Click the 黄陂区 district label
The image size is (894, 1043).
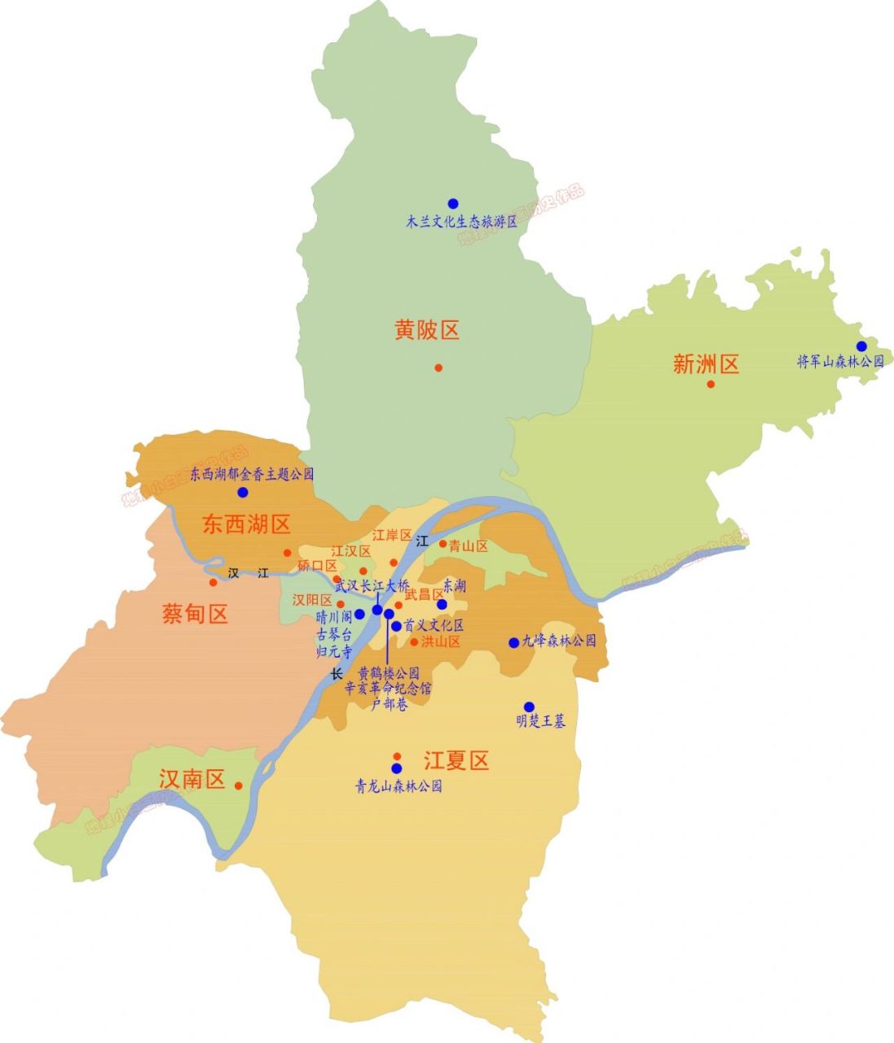pyautogui.click(x=427, y=330)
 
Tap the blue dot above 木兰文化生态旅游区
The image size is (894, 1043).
pyautogui.click(x=453, y=204)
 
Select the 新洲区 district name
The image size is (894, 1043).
pyautogui.click(x=706, y=363)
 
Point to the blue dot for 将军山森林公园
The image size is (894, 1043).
pyautogui.click(x=861, y=346)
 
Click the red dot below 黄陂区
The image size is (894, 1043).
pyautogui.click(x=438, y=367)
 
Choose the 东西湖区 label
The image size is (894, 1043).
pyautogui.click(x=247, y=524)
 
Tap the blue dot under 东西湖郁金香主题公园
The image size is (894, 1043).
pyautogui.click(x=243, y=493)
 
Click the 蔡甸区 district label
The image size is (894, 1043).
pyautogui.click(x=196, y=614)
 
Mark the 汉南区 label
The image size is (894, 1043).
pyautogui.click(x=192, y=780)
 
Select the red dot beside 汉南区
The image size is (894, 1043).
pyautogui.click(x=238, y=786)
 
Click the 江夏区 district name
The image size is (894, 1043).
pyautogui.click(x=456, y=761)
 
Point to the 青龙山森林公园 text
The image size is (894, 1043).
pyautogui.click(x=399, y=787)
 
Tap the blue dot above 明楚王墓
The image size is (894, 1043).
pyautogui.click(x=529, y=706)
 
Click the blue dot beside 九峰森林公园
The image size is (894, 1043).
pyautogui.click(x=513, y=643)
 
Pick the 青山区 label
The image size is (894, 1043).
pyautogui.click(x=469, y=547)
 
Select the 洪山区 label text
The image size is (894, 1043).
pyautogui.click(x=441, y=642)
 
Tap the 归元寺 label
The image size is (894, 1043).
pyautogui.click(x=334, y=651)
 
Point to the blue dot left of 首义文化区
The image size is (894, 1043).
pyautogui.click(x=396, y=627)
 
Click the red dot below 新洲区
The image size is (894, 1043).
pyautogui.click(x=711, y=384)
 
